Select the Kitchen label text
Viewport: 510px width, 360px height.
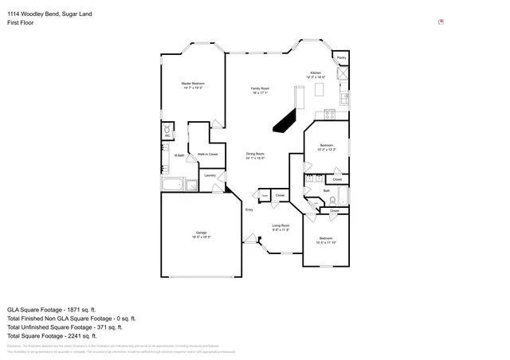coord(316,72)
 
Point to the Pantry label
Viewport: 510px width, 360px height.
coord(341,58)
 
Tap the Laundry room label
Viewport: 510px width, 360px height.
coord(210,175)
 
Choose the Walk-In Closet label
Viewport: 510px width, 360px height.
coord(207,154)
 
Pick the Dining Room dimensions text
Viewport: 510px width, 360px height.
coord(255,159)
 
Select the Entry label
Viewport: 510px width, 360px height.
coord(249,209)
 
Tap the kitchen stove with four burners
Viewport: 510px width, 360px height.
coord(343,76)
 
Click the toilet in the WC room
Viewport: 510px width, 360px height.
coord(167,129)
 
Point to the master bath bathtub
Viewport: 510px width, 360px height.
coord(173,186)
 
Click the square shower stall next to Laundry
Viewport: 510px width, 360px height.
coord(191,186)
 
